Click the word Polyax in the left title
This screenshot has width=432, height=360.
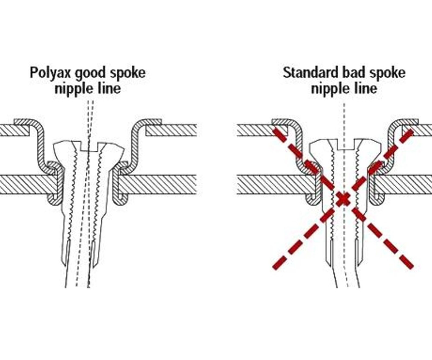[50, 73]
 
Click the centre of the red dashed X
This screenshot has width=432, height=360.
[343, 200]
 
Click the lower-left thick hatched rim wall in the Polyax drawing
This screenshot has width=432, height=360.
[27, 184]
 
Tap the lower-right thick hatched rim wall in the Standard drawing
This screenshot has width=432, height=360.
[405, 184]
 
